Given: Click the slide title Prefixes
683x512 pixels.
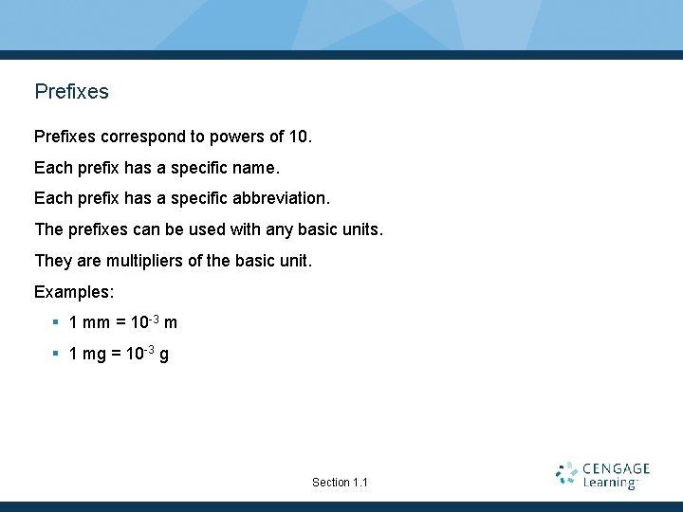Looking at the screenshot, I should [x=71, y=92].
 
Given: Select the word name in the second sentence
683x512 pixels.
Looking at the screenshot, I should [x=255, y=169].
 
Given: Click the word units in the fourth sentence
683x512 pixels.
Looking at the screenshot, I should [x=360, y=229].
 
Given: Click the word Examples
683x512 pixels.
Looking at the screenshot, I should [x=73, y=291].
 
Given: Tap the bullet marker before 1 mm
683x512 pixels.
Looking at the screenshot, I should [x=56, y=322].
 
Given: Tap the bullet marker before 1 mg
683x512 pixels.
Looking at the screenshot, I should [x=56, y=355].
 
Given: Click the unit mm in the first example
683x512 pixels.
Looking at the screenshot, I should [x=96, y=323].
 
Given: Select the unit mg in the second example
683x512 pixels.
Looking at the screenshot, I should [x=95, y=356].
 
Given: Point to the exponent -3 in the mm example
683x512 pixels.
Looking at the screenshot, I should [x=153, y=318].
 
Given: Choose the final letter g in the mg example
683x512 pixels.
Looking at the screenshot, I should [x=164, y=356].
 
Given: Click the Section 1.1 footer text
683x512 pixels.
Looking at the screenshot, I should [x=340, y=483].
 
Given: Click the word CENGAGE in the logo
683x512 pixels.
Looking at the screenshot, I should [x=617, y=468].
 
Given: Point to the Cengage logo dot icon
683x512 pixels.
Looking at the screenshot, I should [x=566, y=474].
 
